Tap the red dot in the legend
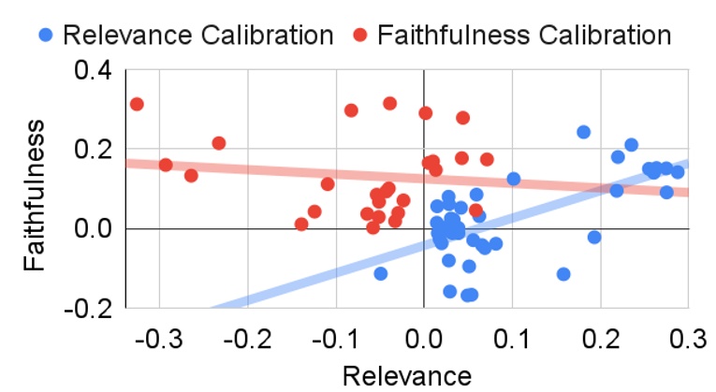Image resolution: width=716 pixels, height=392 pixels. [x=360, y=36]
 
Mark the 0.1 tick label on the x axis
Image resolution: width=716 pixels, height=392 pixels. [x=512, y=338]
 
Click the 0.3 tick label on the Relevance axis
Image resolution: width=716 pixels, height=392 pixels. [x=688, y=338]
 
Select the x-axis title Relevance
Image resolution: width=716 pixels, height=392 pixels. [x=406, y=375]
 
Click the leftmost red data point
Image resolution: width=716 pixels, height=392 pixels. [x=137, y=104]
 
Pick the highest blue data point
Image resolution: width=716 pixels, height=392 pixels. [x=583, y=132]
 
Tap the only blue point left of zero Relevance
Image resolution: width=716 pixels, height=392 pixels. [x=380, y=273]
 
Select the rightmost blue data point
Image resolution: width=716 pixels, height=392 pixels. [x=678, y=171]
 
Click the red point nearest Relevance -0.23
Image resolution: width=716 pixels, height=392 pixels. [x=219, y=143]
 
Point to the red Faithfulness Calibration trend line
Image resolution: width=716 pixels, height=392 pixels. [x=281, y=170]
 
